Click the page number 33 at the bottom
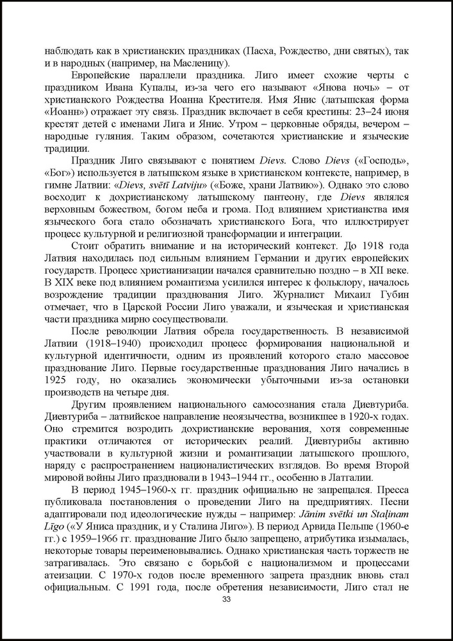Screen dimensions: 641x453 point(226,599)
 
